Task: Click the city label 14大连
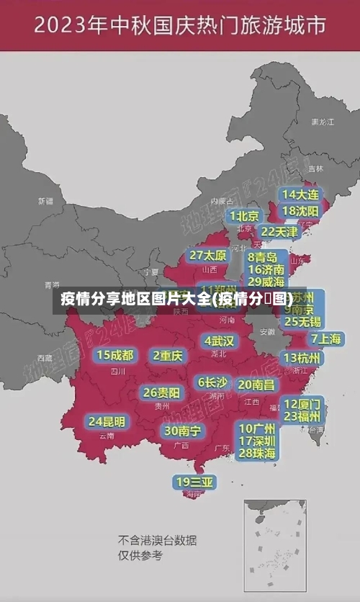(301, 194)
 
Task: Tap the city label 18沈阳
(301, 211)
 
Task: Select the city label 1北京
(245, 216)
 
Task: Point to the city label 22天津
(279, 232)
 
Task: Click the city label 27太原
(208, 256)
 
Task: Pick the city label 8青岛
(263, 257)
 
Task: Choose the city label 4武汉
(219, 341)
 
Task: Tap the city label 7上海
(326, 339)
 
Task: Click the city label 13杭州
(302, 358)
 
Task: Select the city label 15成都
(115, 355)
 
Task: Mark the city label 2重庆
(168, 355)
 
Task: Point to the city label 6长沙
(212, 382)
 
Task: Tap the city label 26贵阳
(161, 393)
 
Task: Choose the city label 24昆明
(107, 421)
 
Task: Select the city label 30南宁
(182, 431)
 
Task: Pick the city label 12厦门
(302, 403)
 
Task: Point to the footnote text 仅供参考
(140, 555)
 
